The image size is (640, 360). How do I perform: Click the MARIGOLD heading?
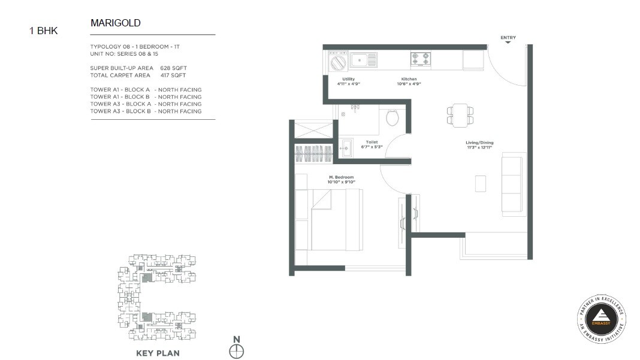[115, 23]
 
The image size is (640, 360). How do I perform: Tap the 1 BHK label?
[44, 31]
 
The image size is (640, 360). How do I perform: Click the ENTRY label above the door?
[508, 38]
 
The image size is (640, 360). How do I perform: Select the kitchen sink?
[363, 59]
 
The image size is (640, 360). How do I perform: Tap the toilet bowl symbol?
[393, 117]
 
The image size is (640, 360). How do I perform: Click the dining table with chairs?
[460, 114]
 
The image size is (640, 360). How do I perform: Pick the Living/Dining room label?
[479, 144]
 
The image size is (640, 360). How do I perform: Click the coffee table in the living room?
[480, 183]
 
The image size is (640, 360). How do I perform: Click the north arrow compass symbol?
[237, 350]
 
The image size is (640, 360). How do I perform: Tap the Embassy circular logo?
[602, 319]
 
